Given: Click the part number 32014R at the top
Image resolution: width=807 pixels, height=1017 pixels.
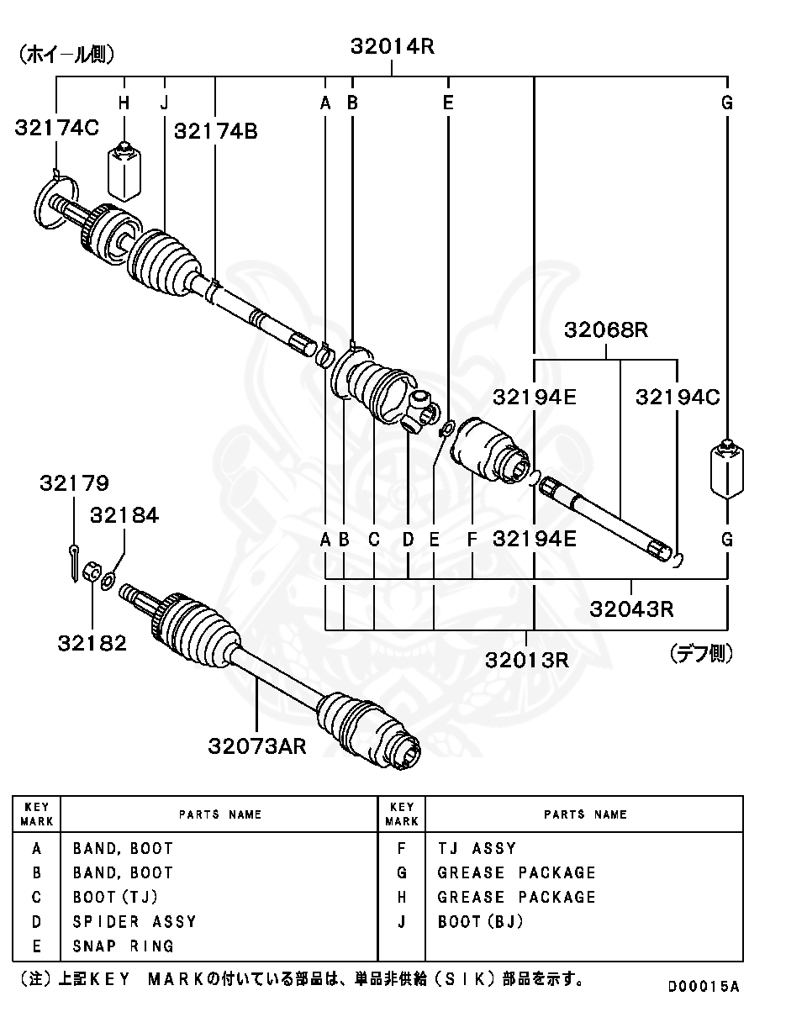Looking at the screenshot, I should click(x=392, y=47).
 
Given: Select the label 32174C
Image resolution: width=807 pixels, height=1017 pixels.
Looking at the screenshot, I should click(x=56, y=128).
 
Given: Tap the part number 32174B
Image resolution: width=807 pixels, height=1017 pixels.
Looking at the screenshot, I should click(x=216, y=131).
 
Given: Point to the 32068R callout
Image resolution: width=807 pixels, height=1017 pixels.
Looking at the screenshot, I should click(x=606, y=329).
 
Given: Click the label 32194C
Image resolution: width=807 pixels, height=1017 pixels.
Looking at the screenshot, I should click(x=678, y=397).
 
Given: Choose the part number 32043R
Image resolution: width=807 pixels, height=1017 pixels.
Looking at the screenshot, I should click(x=631, y=608).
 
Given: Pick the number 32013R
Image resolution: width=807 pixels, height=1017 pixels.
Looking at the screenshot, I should click(x=526, y=659).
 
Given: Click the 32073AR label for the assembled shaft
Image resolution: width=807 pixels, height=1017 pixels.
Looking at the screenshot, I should click(x=257, y=746).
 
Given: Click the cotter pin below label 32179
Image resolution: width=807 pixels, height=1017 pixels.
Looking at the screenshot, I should click(x=75, y=559).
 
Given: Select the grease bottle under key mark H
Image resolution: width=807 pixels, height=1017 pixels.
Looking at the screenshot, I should click(x=124, y=171).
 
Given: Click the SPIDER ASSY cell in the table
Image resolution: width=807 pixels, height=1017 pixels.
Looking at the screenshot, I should click(x=134, y=922).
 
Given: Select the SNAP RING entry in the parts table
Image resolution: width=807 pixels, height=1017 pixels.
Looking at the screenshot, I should click(x=124, y=946).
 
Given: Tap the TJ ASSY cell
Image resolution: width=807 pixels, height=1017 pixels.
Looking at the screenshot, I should click(x=477, y=849).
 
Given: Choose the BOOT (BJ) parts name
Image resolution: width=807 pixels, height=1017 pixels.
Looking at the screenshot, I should click(x=480, y=922).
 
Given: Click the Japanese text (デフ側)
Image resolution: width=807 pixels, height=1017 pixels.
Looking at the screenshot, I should click(x=700, y=653).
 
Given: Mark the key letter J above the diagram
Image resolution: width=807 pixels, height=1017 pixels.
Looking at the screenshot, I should click(x=165, y=103).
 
